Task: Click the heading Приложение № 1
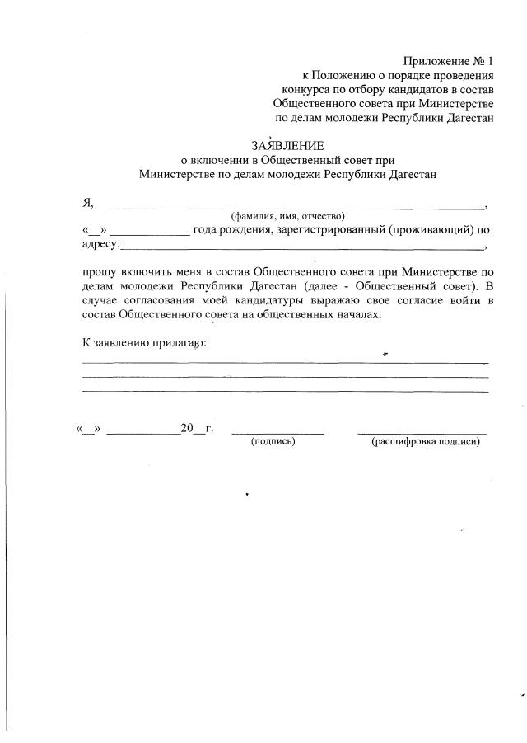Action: pos(448,62)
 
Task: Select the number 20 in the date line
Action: pos(186,428)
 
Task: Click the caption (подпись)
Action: pos(273,442)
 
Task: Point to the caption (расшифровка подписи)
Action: pos(425,442)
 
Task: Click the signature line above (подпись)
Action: pos(277,431)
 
